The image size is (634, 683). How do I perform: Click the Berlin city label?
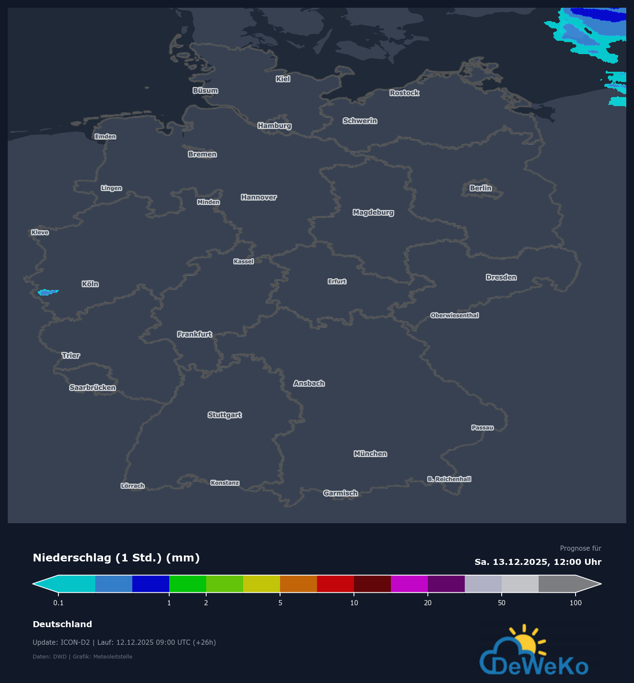point(480,188)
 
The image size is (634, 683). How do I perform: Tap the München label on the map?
point(370,454)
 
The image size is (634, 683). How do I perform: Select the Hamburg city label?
point(274,125)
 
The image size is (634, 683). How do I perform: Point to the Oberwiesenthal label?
point(454,315)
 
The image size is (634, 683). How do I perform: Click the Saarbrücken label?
point(92,387)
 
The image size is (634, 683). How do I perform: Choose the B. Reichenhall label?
point(449,479)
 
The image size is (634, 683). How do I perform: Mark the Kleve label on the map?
point(40,232)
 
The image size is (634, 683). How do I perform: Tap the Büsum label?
point(205,91)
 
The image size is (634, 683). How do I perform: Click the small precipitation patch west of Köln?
point(47,293)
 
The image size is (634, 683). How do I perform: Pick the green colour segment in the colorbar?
point(188,584)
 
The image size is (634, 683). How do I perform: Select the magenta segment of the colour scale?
point(409,584)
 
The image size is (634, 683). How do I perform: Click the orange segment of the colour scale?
point(299,584)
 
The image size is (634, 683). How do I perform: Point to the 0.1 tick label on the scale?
point(58,603)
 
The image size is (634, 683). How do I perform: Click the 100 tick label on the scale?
point(575,603)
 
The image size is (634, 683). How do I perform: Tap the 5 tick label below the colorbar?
point(280,603)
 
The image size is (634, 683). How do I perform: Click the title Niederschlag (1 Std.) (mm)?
point(116,558)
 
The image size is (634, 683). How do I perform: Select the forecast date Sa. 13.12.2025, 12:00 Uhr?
point(538,562)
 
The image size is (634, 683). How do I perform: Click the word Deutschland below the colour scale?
point(62,624)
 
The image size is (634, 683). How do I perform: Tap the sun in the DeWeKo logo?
point(525,643)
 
